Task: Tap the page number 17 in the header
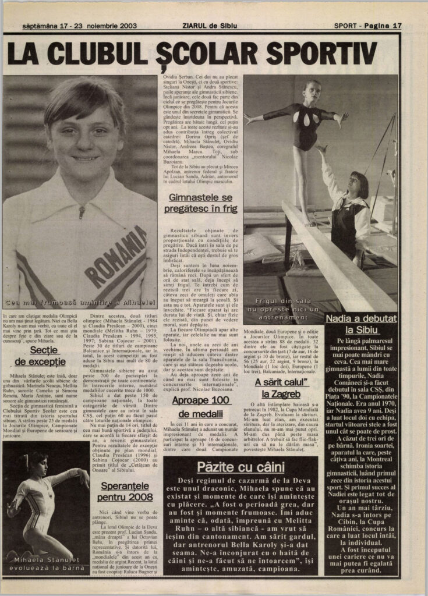point(397,26)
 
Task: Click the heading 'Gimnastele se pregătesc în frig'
point(201,204)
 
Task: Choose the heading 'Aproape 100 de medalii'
point(201,406)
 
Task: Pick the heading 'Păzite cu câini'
point(240,467)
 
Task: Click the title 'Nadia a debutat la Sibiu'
point(361,324)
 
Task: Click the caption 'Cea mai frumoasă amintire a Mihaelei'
point(80,303)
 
